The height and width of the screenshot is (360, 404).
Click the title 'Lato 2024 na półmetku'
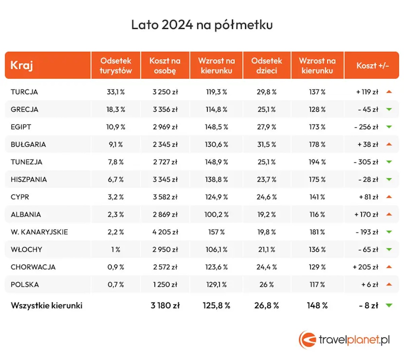(202, 25)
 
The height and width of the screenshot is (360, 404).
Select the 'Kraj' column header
(22, 65)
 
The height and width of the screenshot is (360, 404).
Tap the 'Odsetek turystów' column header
(115, 66)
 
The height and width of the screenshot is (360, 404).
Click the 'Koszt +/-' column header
(372, 66)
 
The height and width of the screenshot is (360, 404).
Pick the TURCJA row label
(24, 92)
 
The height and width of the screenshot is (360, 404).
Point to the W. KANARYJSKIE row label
(39, 232)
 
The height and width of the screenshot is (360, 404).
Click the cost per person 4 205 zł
(165, 232)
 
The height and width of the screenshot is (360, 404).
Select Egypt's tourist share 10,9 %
(115, 127)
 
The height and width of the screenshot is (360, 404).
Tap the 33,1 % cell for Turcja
(115, 92)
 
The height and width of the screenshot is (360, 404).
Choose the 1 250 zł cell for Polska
(165, 284)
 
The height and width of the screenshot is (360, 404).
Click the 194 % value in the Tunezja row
(317, 162)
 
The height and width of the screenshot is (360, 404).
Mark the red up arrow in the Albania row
(389, 214)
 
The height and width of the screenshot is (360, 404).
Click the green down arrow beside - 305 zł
(389, 162)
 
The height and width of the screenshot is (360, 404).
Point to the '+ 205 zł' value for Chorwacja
(365, 267)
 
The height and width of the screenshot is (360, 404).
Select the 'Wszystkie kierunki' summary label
(46, 305)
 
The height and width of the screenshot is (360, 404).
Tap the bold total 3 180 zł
(165, 305)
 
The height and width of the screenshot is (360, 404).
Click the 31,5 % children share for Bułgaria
(266, 144)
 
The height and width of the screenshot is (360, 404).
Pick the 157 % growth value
(216, 232)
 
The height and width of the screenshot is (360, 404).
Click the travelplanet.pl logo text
(354, 340)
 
